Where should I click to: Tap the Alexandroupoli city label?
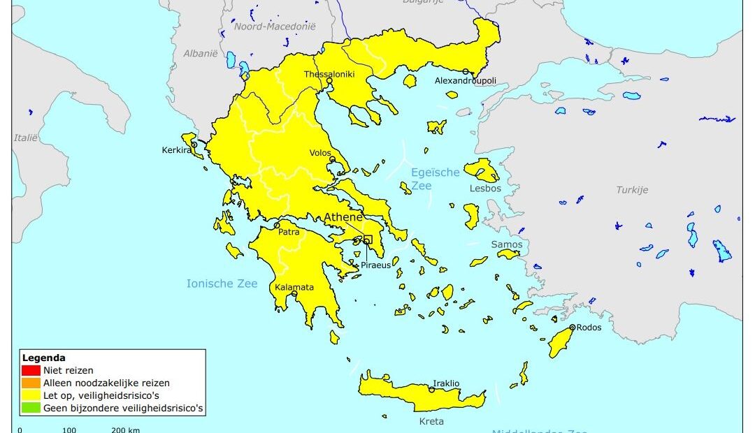point(466,81)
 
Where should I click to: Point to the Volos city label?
point(320,153)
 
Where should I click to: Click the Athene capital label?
point(343,218)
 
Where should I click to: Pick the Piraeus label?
point(376,265)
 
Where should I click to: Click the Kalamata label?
point(294,287)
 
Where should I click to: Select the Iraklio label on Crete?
point(446,383)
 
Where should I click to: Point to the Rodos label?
point(589,328)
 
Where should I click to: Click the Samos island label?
point(506,244)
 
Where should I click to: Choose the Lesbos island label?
point(485,189)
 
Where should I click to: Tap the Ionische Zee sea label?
point(222,284)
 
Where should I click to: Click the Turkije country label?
point(632,190)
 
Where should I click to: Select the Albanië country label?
point(201,53)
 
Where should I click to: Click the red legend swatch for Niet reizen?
point(31,371)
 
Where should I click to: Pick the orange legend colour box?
point(31,383)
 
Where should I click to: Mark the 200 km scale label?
point(126,430)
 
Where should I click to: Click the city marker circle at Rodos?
point(572,328)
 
